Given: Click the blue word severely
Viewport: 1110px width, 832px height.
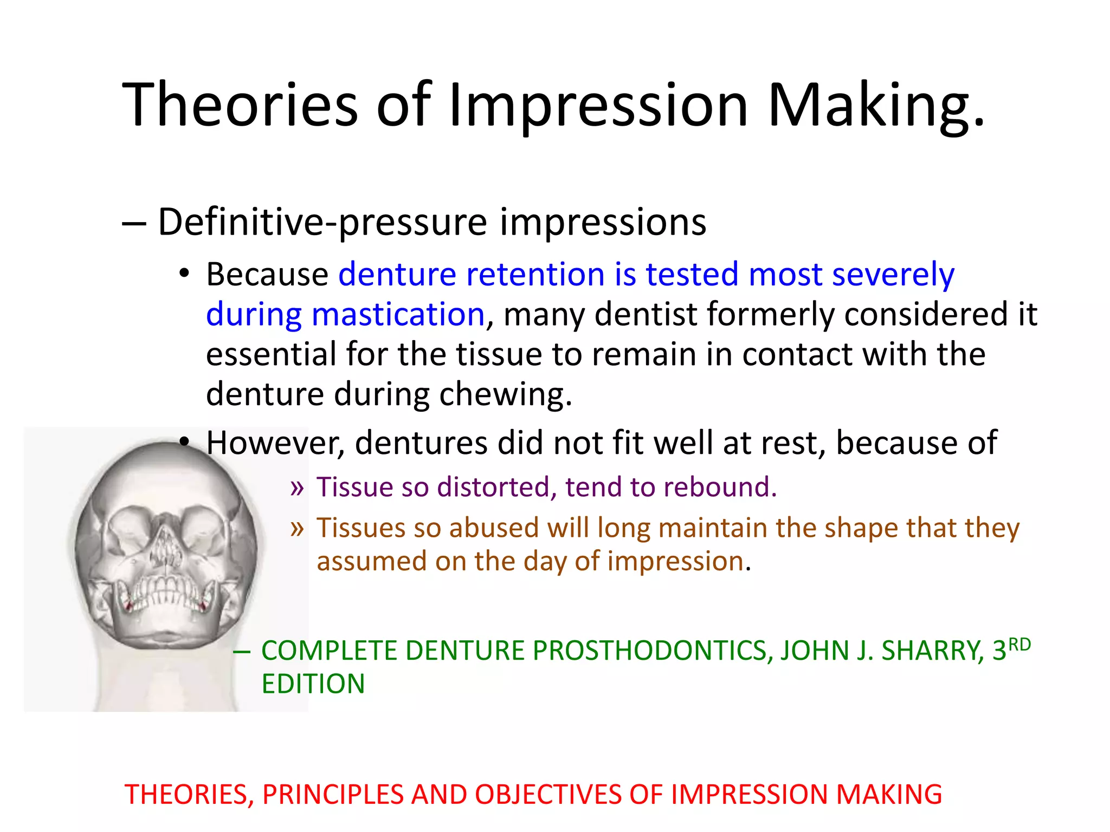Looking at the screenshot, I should pos(893,274).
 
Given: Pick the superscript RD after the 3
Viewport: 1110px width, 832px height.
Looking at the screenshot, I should pos(1019,645).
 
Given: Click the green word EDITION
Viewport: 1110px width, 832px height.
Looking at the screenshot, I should pos(313,684).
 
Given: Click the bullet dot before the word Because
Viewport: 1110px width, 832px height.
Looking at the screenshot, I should pos(184,274).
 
